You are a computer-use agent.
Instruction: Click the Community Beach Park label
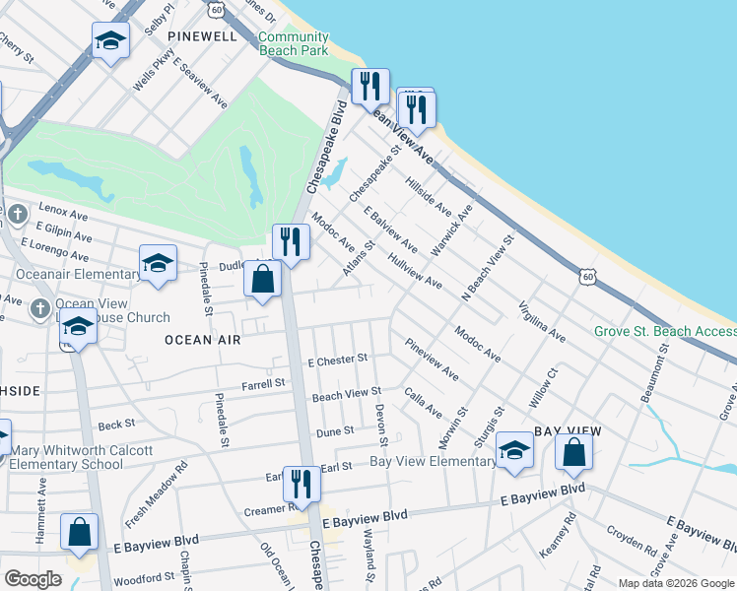pyautogui.click(x=294, y=44)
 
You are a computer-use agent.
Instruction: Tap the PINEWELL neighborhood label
pyautogui.click(x=203, y=36)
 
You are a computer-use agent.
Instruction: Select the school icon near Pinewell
pyautogui.click(x=111, y=41)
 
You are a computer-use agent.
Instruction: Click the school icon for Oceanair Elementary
pyautogui.click(x=158, y=263)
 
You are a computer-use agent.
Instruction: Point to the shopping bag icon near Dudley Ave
pyautogui.click(x=263, y=280)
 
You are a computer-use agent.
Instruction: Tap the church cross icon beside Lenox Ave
pyautogui.click(x=18, y=214)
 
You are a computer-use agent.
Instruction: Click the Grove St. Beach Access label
pyautogui.click(x=664, y=332)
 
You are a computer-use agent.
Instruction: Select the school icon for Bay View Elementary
pyautogui.click(x=513, y=450)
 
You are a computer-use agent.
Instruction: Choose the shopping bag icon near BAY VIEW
pyautogui.click(x=574, y=452)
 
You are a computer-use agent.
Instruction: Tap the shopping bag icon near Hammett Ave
pyautogui.click(x=80, y=532)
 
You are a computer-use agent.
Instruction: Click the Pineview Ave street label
pyautogui.click(x=433, y=360)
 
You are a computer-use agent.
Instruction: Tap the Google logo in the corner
pyautogui.click(x=33, y=578)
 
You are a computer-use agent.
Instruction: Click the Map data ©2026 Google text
pyautogui.click(x=676, y=583)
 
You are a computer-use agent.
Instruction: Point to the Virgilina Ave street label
pyautogui.click(x=542, y=320)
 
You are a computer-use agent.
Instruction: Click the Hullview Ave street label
pyautogui.click(x=415, y=272)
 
